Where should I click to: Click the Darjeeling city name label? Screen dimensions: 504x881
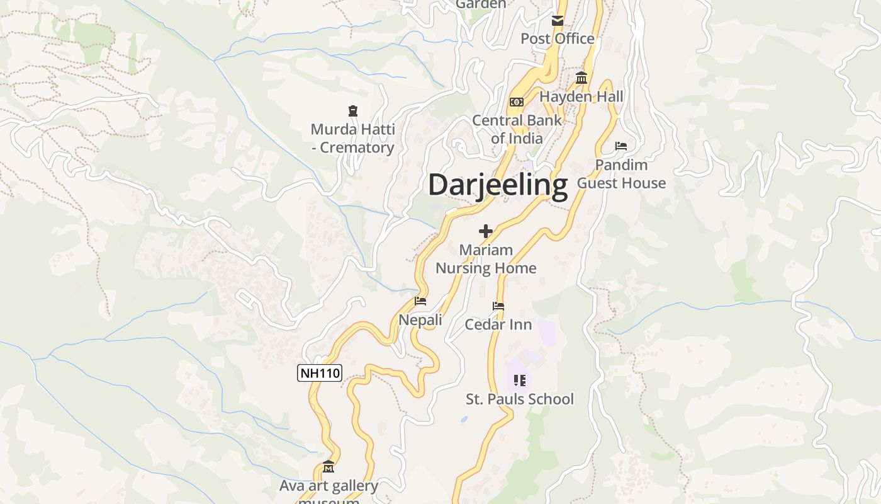(498, 185)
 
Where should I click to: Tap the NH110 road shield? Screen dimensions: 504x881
(320, 373)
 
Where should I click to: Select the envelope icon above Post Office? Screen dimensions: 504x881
(558, 21)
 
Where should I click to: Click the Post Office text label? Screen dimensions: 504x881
(557, 39)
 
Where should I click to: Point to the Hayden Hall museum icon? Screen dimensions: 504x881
(581, 78)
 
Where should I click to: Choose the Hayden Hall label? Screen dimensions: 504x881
(581, 96)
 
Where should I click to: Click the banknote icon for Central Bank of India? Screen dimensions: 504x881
(516, 102)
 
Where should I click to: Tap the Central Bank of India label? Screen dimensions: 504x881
(517, 129)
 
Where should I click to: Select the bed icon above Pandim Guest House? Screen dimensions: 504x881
(621, 146)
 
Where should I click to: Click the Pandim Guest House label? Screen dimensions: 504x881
(621, 174)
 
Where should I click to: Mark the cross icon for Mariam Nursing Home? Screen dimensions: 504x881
(486, 231)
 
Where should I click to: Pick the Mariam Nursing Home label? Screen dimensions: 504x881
(486, 259)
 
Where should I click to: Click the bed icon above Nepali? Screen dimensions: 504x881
(420, 301)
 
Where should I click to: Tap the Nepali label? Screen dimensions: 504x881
(420, 320)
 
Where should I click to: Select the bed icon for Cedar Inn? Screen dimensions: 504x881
(498, 306)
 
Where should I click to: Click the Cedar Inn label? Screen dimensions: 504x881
(498, 324)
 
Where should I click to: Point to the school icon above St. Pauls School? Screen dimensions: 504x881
(519, 380)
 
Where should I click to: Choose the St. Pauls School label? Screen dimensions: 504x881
(520, 399)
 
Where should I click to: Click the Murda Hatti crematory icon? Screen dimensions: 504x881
(352, 112)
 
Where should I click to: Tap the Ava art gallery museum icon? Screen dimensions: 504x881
(328, 467)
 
